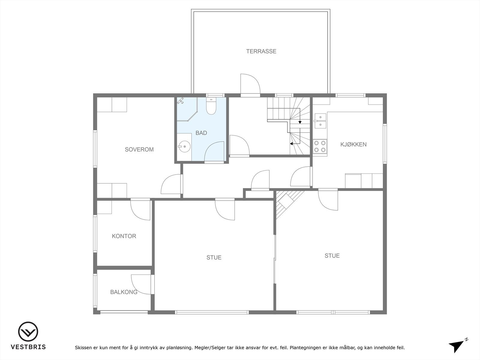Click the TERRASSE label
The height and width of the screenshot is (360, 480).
[x=261, y=51]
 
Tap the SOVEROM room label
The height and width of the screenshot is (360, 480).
[x=139, y=149]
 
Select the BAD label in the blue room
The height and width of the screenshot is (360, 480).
[x=201, y=133]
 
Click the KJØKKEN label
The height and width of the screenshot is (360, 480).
[x=353, y=144]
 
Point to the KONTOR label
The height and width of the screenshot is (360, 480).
[x=124, y=236]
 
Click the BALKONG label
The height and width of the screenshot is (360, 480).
[x=124, y=292]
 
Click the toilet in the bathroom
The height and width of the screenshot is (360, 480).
[x=211, y=106]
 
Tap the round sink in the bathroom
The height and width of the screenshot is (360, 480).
[x=184, y=147]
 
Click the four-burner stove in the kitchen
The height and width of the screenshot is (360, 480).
[x=320, y=146]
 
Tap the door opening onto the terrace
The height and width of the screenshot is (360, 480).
[x=250, y=85]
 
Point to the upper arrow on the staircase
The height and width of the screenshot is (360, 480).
[x=300, y=122]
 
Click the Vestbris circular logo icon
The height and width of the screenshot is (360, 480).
[x=28, y=332]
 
